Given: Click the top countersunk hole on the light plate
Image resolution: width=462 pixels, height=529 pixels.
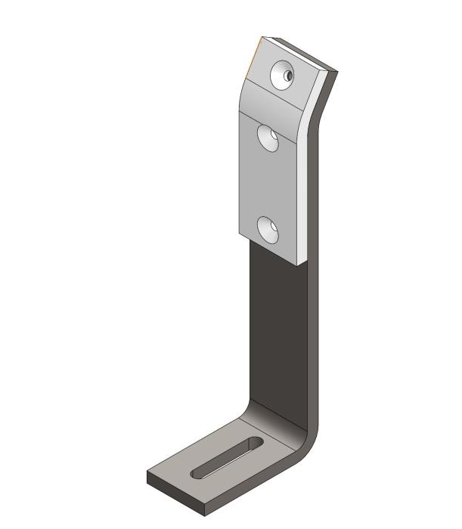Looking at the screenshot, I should click(x=283, y=74).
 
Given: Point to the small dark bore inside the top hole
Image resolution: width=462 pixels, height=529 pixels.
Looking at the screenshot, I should click(x=288, y=76).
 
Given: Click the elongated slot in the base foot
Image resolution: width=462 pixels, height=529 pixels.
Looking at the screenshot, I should click(x=227, y=458).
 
